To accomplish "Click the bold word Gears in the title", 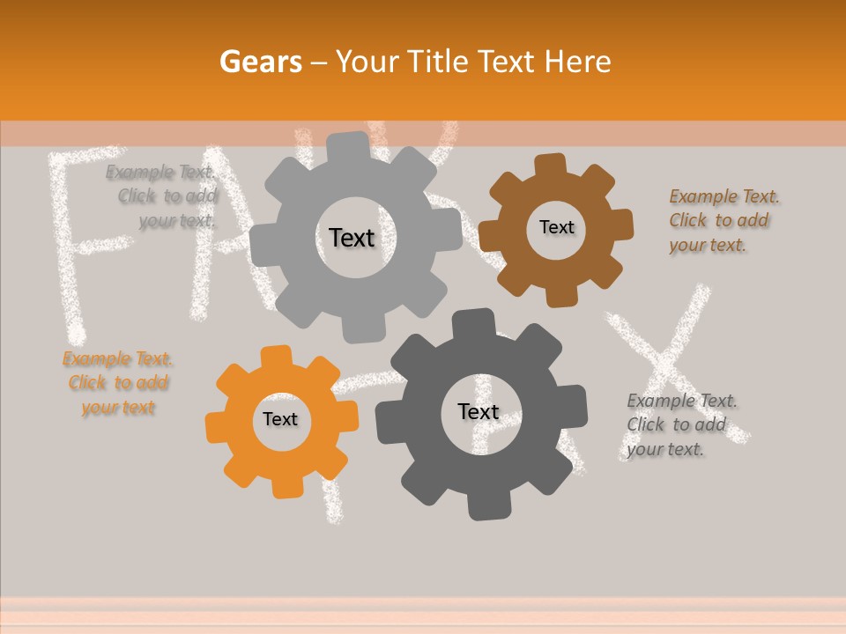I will [x=260, y=62].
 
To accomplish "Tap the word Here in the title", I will [x=578, y=62].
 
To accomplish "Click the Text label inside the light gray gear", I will [x=352, y=238].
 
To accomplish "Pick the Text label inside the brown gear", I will [x=556, y=227].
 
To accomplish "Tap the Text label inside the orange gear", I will [x=280, y=419].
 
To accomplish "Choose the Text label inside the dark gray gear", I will [x=478, y=411].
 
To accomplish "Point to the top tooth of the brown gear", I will [x=551, y=165].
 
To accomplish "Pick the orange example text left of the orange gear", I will [x=118, y=383].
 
